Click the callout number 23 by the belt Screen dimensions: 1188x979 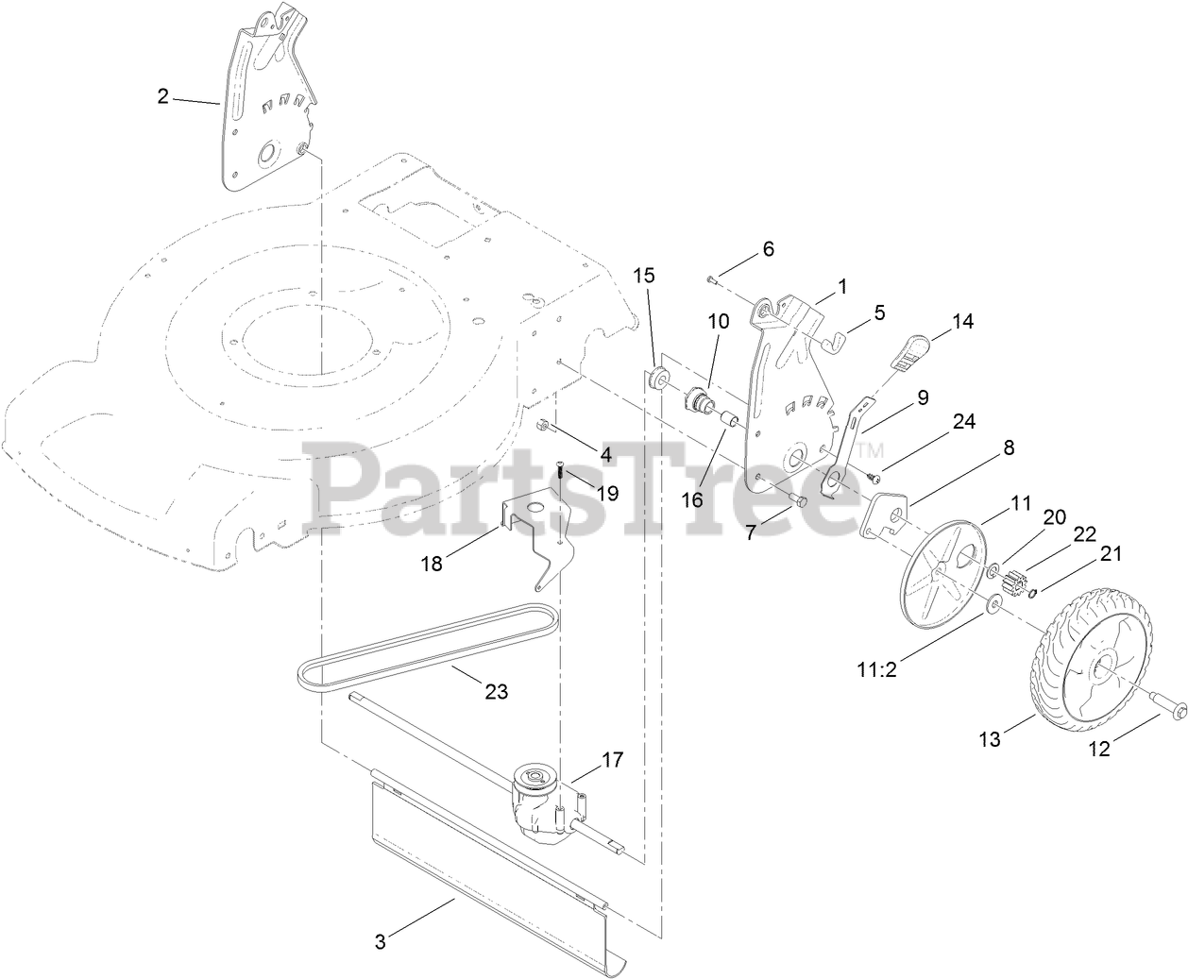(496, 692)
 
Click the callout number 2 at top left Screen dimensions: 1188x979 (162, 96)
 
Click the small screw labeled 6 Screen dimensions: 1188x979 (711, 278)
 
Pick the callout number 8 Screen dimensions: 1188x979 (1009, 447)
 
